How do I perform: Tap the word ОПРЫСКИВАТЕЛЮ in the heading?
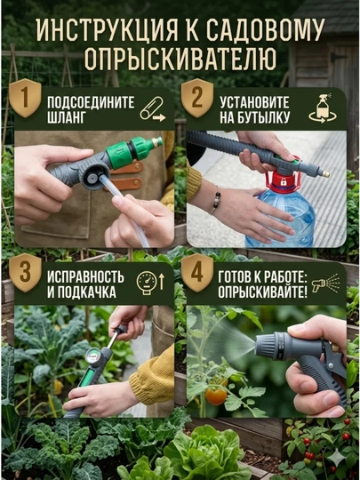(180, 59)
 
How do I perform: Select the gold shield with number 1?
(25, 98)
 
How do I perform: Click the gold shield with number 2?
(197, 98)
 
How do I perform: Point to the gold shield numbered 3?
(25, 273)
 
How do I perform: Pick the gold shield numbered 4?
(197, 273)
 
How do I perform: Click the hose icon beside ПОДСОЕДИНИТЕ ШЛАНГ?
(153, 109)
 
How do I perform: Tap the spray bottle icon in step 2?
(323, 108)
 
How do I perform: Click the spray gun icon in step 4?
(325, 284)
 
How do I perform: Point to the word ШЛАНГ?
(66, 118)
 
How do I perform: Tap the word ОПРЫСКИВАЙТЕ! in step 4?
(262, 292)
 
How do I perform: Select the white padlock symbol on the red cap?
(284, 182)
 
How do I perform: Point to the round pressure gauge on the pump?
(92, 357)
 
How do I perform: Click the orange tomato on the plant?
(216, 396)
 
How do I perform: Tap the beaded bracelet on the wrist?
(215, 200)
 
